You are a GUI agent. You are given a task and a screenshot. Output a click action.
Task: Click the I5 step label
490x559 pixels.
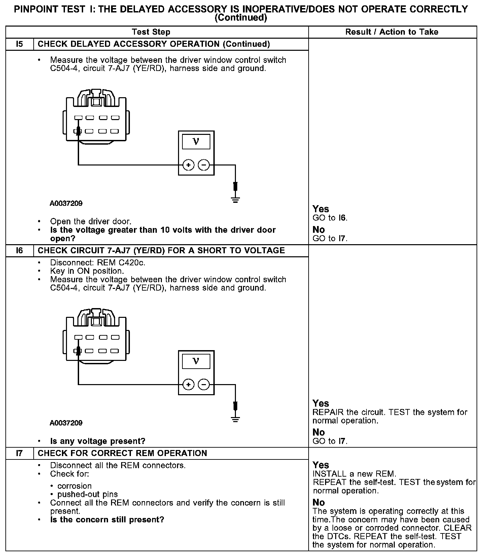coord(20,44)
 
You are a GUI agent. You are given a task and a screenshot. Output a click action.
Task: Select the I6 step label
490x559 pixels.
coord(20,251)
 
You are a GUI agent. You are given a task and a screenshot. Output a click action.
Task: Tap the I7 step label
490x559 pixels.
coord(20,453)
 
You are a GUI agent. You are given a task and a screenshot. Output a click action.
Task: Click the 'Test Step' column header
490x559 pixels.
coord(151,32)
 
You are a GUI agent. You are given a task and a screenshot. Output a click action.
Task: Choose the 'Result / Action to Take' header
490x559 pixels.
coord(392,32)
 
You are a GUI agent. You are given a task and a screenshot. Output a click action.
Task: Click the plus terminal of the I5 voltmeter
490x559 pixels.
coord(188,165)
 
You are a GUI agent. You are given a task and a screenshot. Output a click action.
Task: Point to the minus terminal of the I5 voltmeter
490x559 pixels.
coord(204,165)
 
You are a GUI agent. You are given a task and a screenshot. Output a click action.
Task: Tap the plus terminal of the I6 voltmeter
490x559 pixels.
coord(188,384)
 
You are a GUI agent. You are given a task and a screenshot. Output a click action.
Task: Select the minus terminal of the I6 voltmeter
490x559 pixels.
coord(204,384)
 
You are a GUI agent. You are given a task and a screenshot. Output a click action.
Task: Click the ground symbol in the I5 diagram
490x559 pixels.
coord(235,200)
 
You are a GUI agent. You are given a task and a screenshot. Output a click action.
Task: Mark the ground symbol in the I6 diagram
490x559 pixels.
coord(235,419)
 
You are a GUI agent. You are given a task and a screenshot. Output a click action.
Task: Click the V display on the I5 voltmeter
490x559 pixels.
coord(196,141)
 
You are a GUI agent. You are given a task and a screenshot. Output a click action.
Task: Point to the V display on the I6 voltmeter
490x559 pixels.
coord(196,361)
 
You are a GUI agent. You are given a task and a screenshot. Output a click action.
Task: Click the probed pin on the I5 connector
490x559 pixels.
coord(78,131)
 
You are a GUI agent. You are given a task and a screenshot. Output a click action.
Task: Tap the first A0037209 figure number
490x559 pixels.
coord(66,203)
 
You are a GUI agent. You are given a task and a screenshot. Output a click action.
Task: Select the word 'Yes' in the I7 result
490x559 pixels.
coord(321,465)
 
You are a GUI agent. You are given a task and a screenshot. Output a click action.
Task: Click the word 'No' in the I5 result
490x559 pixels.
coord(318,230)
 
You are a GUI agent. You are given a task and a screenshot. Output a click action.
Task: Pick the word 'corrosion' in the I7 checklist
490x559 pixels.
coord(74,486)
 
